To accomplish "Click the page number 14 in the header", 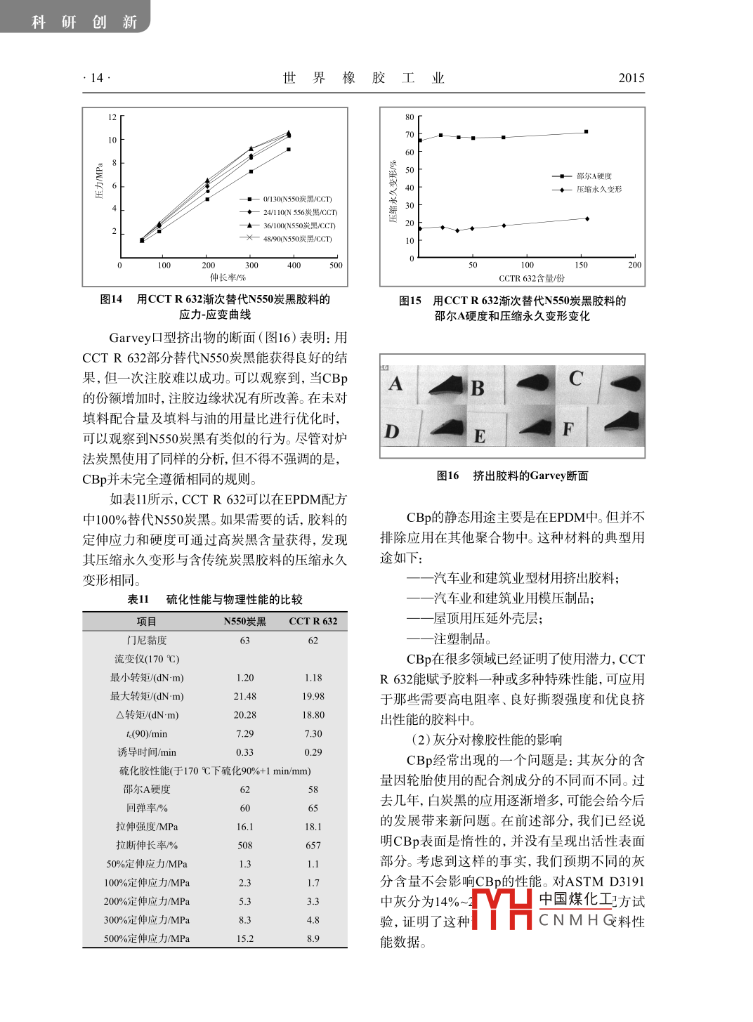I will click(x=97, y=78).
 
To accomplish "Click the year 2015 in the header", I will click(x=631, y=78).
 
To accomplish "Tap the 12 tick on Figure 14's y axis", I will click(x=112, y=117).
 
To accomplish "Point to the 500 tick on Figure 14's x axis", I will click(x=336, y=266).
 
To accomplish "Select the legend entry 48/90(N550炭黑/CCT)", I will click(x=297, y=239).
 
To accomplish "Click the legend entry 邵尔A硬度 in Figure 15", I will click(x=594, y=176).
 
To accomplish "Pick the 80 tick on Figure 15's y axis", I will click(x=410, y=117).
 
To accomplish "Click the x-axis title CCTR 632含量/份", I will click(x=532, y=278).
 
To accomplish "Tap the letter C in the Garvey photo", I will click(x=576, y=379).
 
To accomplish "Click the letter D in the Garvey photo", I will click(x=392, y=431).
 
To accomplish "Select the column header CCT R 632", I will click(x=313, y=622).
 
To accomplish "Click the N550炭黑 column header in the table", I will click(x=244, y=622).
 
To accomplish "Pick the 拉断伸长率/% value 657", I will click(x=313, y=846).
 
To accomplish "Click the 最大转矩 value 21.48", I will click(x=244, y=697).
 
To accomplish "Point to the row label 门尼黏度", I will click(x=147, y=641).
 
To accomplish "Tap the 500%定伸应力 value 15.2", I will click(x=244, y=939).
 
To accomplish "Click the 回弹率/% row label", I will click(x=147, y=808).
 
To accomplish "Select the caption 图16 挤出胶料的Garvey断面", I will click(x=512, y=476).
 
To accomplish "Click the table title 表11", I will click(x=138, y=600).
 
